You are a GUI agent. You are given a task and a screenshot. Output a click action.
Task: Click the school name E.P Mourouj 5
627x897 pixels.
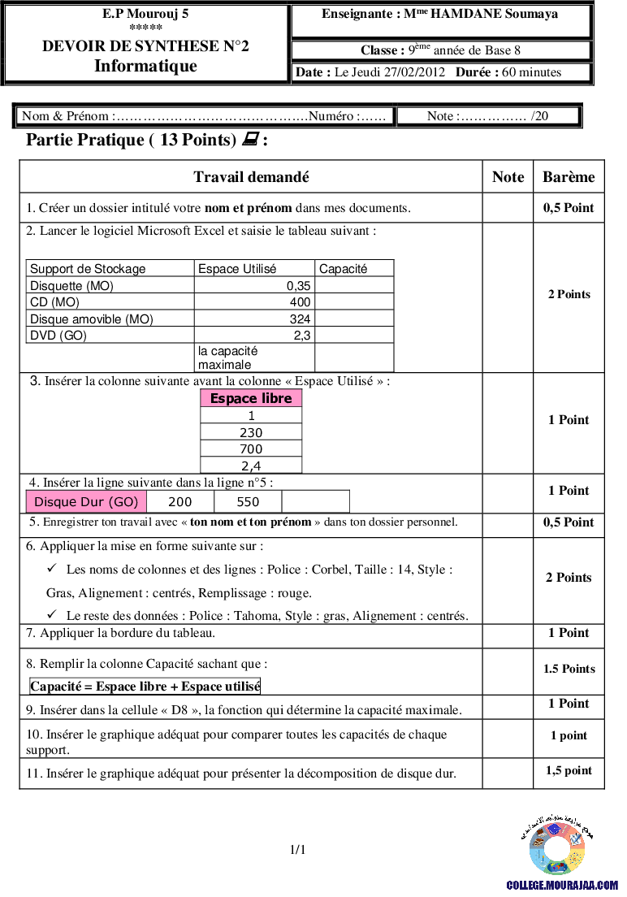click(146, 14)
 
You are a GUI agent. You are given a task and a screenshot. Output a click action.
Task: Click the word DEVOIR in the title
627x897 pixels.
click(70, 46)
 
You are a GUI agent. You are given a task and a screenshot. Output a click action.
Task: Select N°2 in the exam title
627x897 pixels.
click(235, 46)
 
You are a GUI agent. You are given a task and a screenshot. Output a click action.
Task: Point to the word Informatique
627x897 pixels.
click(146, 66)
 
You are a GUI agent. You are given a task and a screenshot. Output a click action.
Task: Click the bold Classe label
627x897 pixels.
click(383, 50)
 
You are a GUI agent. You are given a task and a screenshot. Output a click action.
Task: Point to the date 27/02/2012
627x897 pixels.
click(417, 72)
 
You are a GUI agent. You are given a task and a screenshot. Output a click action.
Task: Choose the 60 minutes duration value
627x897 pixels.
click(531, 72)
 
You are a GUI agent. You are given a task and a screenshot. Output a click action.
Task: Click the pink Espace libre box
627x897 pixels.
click(251, 398)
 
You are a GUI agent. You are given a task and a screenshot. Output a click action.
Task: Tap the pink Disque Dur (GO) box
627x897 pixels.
click(86, 502)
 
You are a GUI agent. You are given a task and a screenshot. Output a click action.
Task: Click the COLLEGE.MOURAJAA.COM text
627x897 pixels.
click(562, 885)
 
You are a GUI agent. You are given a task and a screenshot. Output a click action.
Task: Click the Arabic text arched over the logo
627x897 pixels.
click(557, 820)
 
